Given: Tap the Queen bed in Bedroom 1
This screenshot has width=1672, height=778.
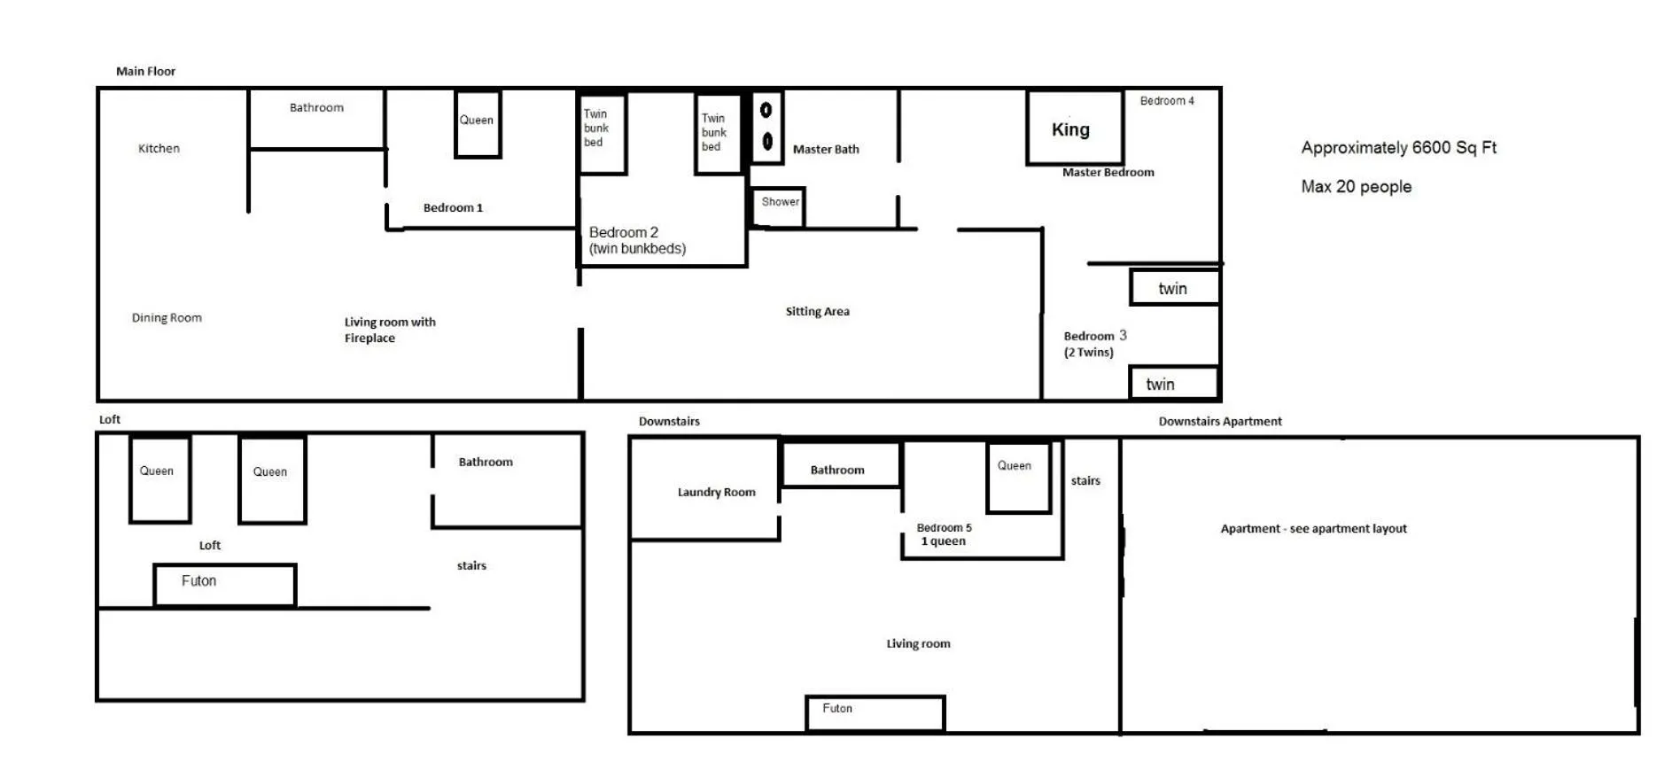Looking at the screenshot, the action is click(478, 124).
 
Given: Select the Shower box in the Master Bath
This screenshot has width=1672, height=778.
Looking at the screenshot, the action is click(778, 206).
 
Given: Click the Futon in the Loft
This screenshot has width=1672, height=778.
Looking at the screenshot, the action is click(225, 585).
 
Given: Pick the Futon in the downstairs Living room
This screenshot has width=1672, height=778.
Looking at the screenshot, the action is click(875, 713).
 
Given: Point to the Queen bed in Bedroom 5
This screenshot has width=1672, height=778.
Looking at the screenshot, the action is click(1019, 477).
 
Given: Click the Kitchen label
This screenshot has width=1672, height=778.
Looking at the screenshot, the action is click(159, 148).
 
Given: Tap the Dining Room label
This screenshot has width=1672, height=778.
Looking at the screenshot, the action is click(167, 317).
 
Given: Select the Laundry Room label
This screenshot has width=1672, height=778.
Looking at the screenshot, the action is click(717, 492).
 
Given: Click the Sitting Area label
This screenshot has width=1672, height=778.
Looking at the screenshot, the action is click(818, 311).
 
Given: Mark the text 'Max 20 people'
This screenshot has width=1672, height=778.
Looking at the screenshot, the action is click(1357, 187).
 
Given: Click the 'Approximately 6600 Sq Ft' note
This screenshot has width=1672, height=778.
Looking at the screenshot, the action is click(1399, 148).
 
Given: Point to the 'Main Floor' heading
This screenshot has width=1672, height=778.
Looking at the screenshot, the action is click(146, 71).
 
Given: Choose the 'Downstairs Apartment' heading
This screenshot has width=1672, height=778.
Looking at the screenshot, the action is click(1220, 421).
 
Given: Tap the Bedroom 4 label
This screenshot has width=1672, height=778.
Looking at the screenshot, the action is click(1167, 101).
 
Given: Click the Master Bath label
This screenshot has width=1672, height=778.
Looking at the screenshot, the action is click(826, 149).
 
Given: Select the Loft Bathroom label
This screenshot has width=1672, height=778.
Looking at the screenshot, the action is click(486, 462).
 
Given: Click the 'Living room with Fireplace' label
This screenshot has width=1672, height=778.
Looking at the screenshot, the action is click(390, 330).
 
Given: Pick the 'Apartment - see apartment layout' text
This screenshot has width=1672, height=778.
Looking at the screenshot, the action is click(1314, 528).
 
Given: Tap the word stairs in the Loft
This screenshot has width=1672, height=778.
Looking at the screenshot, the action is click(471, 565).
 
